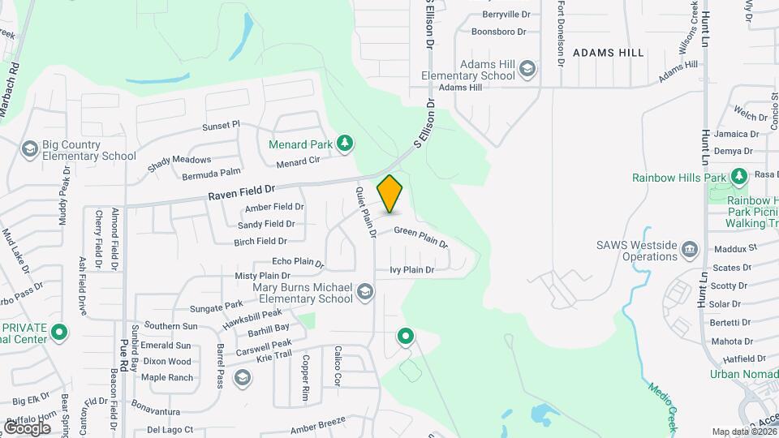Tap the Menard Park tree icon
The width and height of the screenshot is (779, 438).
click(345, 144)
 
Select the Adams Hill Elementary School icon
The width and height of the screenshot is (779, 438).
click(528, 69)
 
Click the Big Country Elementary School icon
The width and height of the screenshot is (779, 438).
click(30, 148)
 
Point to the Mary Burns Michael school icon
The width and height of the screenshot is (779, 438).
click(365, 291)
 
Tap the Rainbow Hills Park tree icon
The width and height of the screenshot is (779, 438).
click(738, 176)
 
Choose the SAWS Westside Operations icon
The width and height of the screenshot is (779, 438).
click(690, 248)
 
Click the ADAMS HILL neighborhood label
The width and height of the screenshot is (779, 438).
click(608, 53)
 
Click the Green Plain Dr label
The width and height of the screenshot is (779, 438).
click(420, 236)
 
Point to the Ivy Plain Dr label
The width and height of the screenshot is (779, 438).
click(412, 269)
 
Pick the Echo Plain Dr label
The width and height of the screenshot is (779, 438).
click(298, 262)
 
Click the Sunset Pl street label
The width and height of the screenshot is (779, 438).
click(221, 126)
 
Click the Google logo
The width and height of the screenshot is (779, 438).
click(27, 427)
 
